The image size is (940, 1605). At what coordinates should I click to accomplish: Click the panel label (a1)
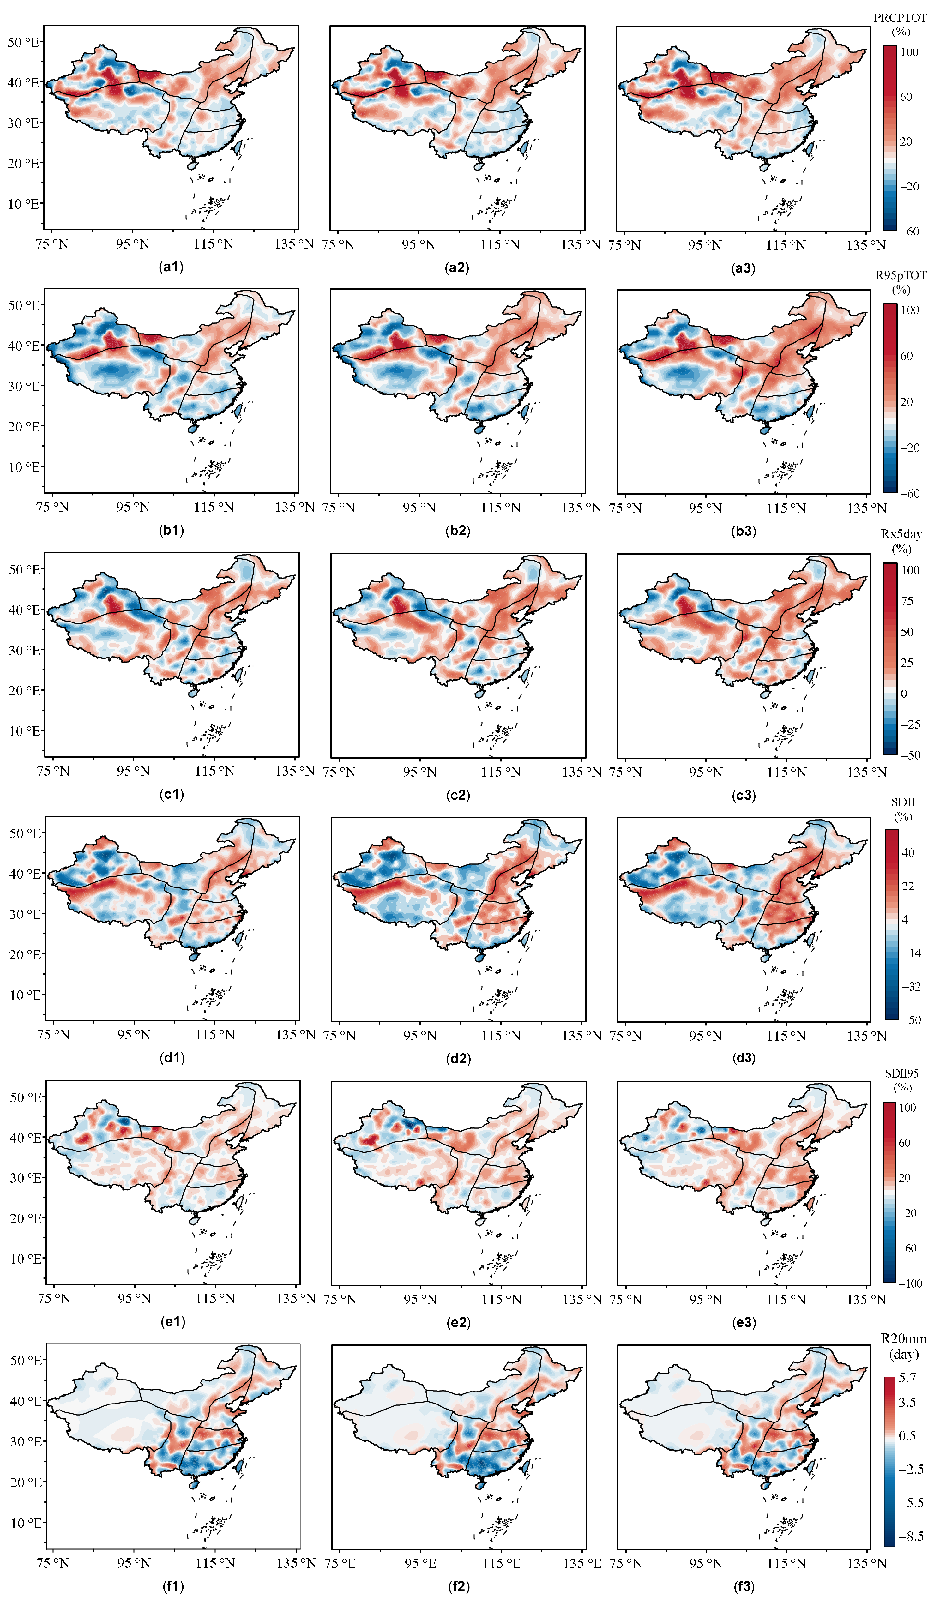coord(171,267)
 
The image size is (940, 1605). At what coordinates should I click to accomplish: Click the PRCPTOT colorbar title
coord(900,24)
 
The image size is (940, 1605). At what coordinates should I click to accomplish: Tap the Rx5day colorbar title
coord(901,541)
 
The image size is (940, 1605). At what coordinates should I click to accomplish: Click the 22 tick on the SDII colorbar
coord(907,886)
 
